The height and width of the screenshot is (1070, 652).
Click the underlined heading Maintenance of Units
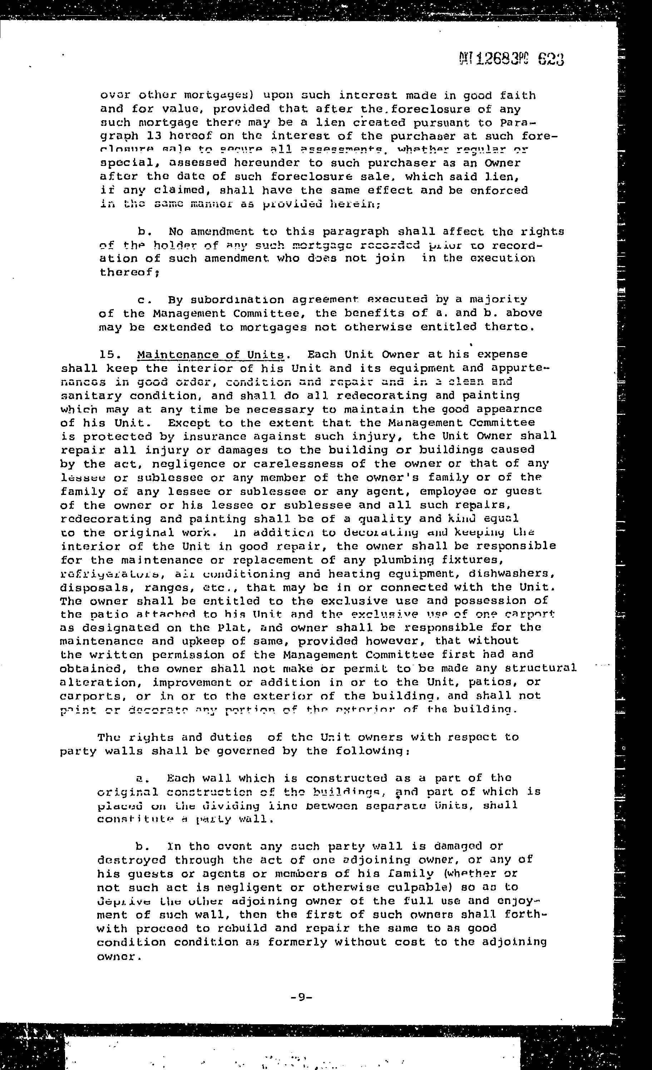tap(211, 355)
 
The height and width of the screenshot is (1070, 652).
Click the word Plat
tap(237, 628)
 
